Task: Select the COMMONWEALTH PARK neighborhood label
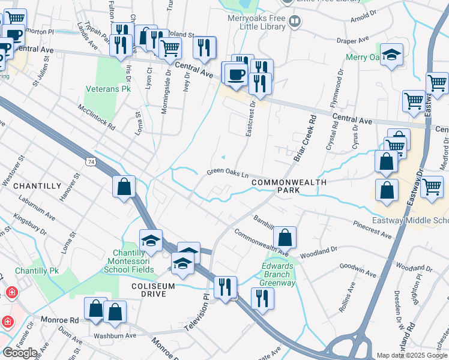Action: point(281,185)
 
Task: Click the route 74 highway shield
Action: point(91,162)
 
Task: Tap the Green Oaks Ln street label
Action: point(228,172)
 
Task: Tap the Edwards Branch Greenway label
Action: point(279,274)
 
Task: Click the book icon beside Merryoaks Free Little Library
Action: point(294,23)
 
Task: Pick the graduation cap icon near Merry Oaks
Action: point(391,55)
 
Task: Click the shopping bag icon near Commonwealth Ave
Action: point(286,237)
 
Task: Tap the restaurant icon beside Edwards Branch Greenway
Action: point(262,296)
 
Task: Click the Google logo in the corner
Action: point(20,353)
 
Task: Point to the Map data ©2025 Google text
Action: point(411,355)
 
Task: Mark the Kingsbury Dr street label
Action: point(30,226)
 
